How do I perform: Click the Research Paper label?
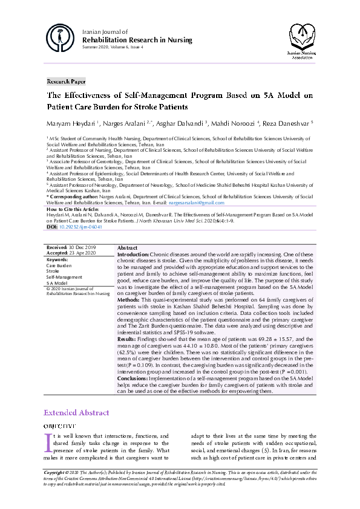[x=67, y=81]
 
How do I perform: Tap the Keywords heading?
[x=57, y=259]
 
